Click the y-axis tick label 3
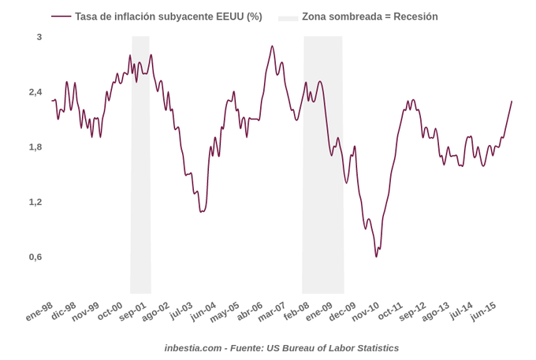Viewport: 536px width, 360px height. click(39, 37)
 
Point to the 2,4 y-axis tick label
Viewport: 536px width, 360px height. click(35, 92)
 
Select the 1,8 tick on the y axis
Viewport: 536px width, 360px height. click(35, 147)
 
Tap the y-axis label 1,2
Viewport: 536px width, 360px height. click(35, 202)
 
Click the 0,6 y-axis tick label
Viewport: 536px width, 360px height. click(35, 257)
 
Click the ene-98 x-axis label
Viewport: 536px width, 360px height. click(39, 311)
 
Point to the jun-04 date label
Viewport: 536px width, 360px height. click(203, 311)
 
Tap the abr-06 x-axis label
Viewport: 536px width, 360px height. click(249, 311)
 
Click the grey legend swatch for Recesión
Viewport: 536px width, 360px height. click(288, 17)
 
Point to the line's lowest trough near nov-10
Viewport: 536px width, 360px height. click(377, 257)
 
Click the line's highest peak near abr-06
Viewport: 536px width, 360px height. click(272, 46)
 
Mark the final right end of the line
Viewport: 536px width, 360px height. click(512, 101)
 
